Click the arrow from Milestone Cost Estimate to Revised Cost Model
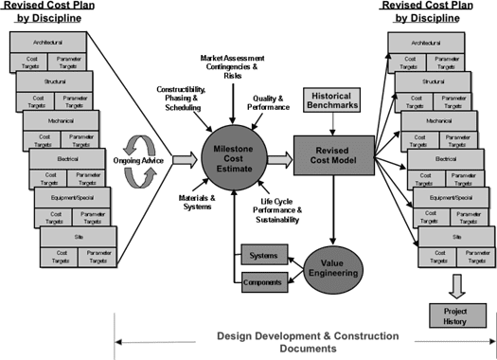pos(277,156)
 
